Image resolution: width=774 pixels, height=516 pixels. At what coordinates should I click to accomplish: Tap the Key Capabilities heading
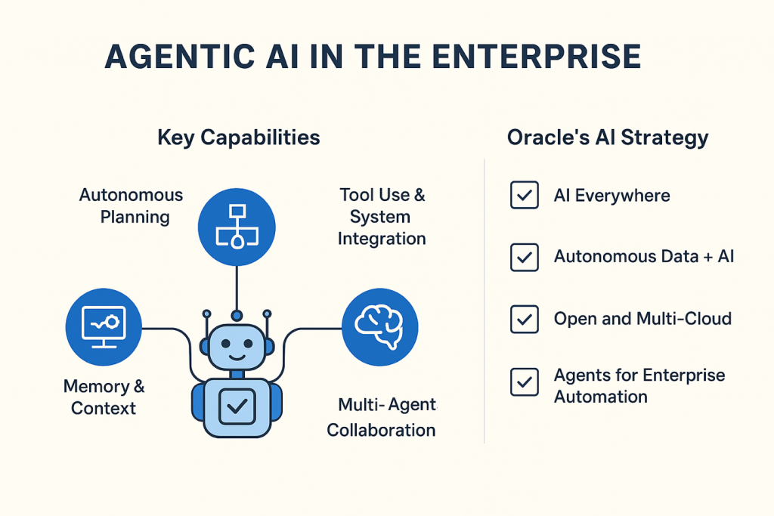pyautogui.click(x=238, y=137)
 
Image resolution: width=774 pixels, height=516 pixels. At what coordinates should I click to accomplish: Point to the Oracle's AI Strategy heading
pyautogui.click(x=608, y=137)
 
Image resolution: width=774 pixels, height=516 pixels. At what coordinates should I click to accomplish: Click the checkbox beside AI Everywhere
pyautogui.click(x=525, y=196)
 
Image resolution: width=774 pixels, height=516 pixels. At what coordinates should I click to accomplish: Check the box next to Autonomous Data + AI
pyautogui.click(x=525, y=257)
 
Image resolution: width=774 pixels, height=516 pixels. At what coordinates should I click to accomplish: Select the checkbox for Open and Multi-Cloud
pyautogui.click(x=525, y=318)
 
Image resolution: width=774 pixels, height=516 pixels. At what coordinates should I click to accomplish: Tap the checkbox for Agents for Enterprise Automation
pyautogui.click(x=525, y=382)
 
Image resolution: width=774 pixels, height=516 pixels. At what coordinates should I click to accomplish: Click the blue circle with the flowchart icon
pyautogui.click(x=237, y=226)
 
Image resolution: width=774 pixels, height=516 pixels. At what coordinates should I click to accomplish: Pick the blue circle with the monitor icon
pyautogui.click(x=104, y=327)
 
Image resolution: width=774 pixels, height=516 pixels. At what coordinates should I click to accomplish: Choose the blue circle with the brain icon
pyautogui.click(x=379, y=327)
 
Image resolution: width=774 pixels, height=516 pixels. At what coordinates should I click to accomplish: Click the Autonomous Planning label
pyautogui.click(x=131, y=205)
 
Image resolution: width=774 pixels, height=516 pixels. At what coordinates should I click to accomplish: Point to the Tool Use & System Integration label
pyautogui.click(x=382, y=217)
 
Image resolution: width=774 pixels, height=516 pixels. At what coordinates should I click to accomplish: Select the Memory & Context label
pyautogui.click(x=104, y=397)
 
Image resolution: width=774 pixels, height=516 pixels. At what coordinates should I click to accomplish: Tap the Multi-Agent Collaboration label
pyautogui.click(x=382, y=417)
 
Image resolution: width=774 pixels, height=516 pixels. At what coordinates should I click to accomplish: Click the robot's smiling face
pyautogui.click(x=237, y=348)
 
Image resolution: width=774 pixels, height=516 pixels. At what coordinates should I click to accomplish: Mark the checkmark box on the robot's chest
pyautogui.click(x=237, y=406)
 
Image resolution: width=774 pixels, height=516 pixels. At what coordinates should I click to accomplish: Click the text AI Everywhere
pyautogui.click(x=611, y=196)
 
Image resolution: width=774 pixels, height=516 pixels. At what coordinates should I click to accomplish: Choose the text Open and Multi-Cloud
pyautogui.click(x=642, y=318)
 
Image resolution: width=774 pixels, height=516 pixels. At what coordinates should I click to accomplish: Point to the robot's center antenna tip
pyautogui.click(x=237, y=314)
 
